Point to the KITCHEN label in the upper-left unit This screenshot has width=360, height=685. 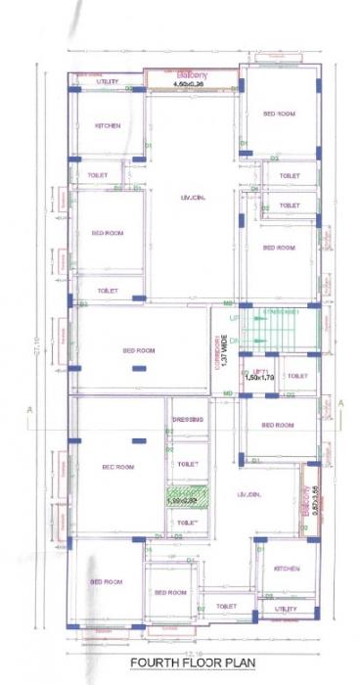click(108, 126)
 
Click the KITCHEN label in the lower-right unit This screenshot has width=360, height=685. click(287, 569)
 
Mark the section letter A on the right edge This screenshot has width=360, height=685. click(340, 402)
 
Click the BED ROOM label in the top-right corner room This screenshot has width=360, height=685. click(279, 114)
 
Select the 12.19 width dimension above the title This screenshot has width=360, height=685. click(192, 649)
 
